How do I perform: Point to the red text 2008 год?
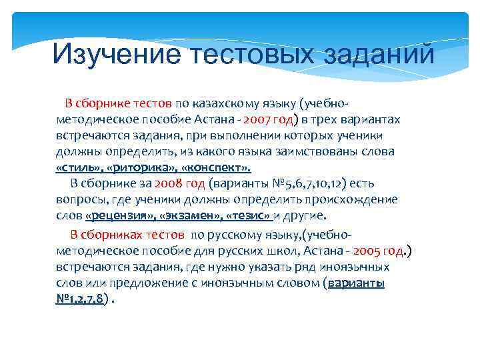coord(180,183)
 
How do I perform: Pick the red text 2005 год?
coord(379,251)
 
